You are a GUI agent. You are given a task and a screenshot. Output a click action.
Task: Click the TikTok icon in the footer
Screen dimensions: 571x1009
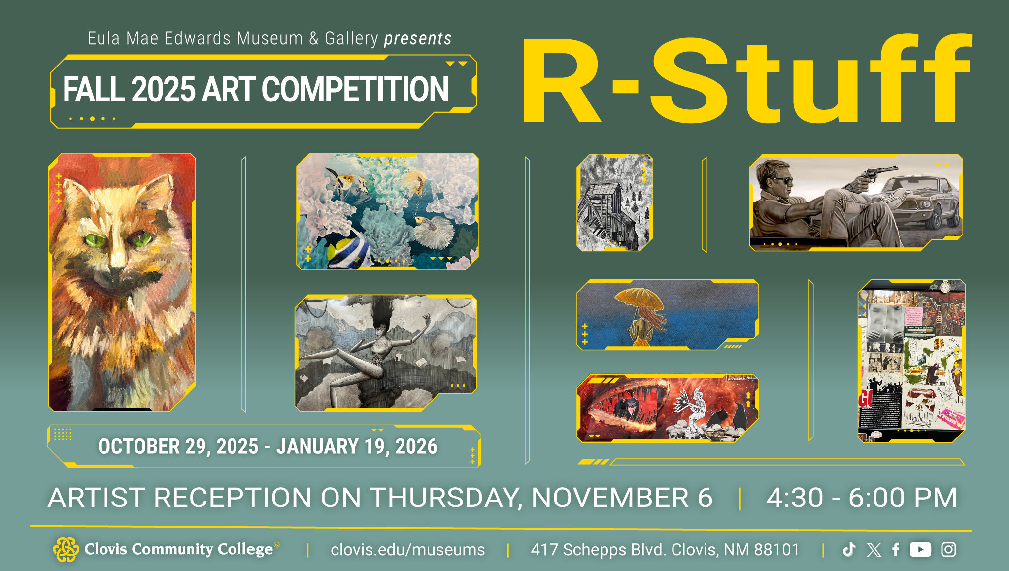click(x=849, y=549)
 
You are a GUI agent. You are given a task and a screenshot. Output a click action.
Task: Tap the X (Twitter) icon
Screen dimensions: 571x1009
click(x=874, y=550)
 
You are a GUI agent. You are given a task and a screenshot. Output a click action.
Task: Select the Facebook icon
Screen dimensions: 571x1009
click(x=896, y=549)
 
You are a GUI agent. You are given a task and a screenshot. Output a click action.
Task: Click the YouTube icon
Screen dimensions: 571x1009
click(x=920, y=549)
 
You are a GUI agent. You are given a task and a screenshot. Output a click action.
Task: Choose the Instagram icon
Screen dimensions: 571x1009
click(x=948, y=549)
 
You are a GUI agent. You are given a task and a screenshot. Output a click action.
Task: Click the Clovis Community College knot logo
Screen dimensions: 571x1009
click(x=66, y=549)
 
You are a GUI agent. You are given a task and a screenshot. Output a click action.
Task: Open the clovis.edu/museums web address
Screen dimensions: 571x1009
click(x=407, y=550)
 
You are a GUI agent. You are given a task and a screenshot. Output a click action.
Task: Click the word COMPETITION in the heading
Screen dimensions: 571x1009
click(x=355, y=90)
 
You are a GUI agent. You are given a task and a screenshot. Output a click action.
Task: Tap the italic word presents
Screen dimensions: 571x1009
click(x=418, y=38)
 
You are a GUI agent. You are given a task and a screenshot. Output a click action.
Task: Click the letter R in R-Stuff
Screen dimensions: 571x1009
click(x=561, y=81)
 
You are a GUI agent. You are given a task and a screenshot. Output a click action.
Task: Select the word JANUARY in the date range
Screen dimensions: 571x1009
click(x=317, y=447)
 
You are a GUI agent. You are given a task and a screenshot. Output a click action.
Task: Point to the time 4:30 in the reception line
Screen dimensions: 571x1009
click(x=795, y=498)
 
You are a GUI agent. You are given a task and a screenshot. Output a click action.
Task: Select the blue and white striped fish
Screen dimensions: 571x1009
click(x=347, y=248)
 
